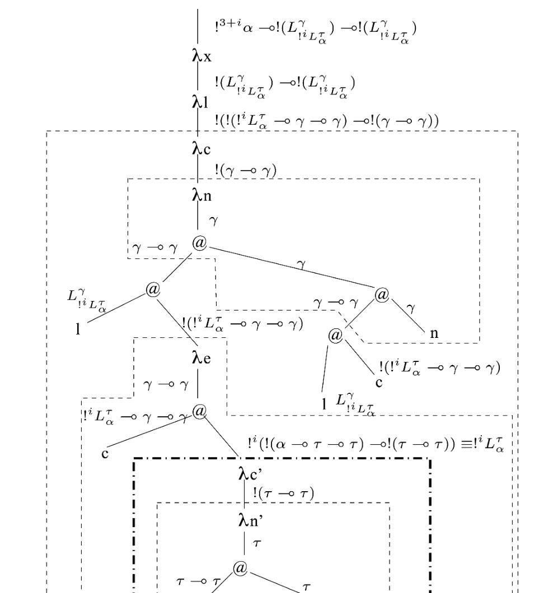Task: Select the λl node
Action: [201, 102]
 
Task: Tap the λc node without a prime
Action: [202, 149]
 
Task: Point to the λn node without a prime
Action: [202, 196]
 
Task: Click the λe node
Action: [201, 357]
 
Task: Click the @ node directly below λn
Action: [199, 243]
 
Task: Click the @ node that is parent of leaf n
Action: [383, 295]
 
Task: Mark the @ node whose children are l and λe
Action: [153, 289]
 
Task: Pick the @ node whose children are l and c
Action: [335, 336]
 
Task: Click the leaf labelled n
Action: [434, 334]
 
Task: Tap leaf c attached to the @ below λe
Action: [105, 453]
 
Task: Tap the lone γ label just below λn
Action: [213, 221]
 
